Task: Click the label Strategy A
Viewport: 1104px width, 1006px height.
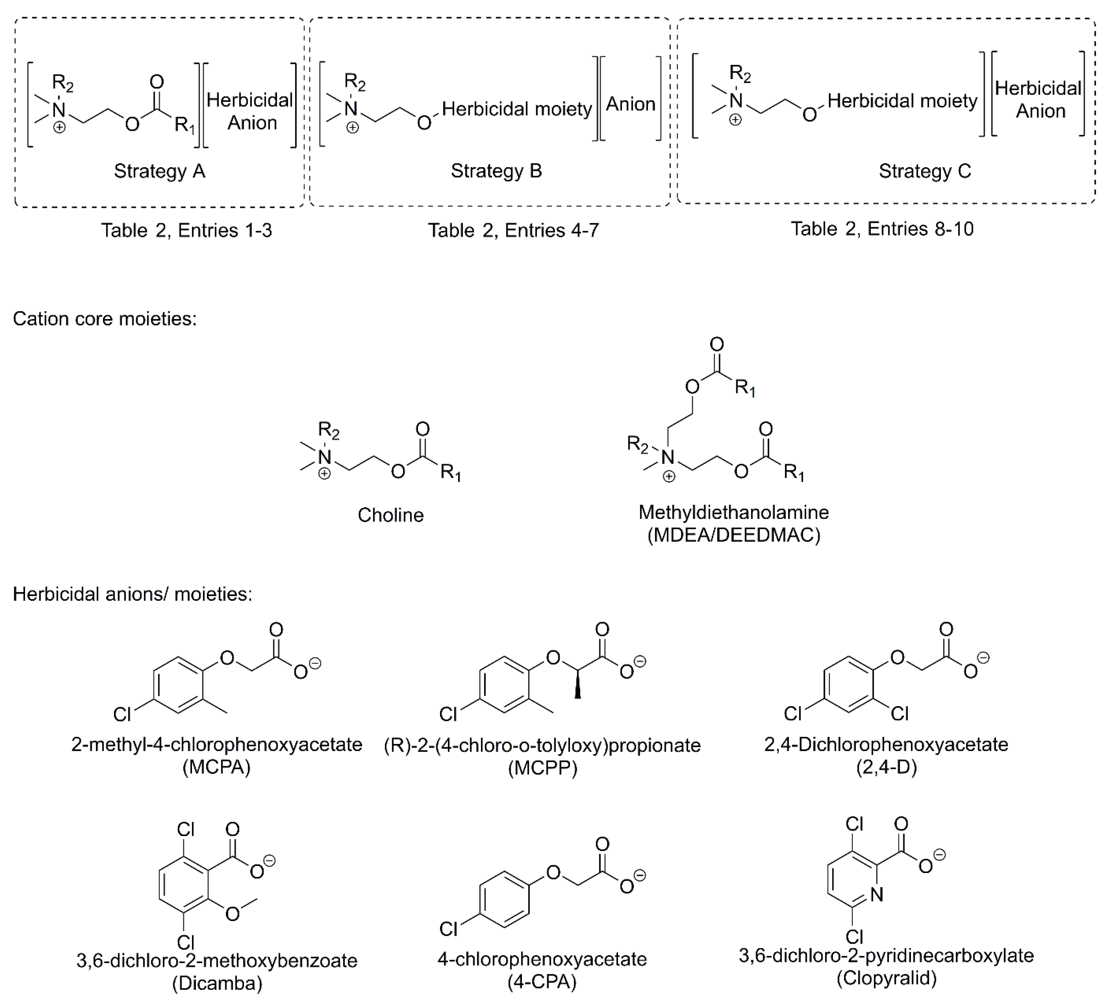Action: coord(160,171)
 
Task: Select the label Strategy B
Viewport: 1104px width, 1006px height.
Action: coord(496,171)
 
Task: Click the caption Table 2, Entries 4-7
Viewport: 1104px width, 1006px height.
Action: coord(513,230)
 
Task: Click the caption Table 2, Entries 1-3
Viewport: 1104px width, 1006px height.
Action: coord(186,230)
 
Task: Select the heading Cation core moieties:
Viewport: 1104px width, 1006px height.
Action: coord(104,319)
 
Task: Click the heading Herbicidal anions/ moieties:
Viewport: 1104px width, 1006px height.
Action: coord(132,594)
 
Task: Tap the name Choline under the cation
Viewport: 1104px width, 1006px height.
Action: coord(390,515)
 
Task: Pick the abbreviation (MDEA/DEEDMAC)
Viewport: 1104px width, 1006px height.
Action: coord(734,535)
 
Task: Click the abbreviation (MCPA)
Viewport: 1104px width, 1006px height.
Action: coord(216,767)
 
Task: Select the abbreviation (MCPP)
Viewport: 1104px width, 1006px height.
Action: coord(542,769)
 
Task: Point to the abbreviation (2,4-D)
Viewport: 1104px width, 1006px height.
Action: coord(886,767)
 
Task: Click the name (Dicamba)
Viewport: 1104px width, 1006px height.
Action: coord(217,983)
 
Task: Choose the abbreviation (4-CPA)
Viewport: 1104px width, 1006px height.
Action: coord(542,982)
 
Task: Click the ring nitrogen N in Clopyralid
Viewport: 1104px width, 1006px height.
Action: coord(876,894)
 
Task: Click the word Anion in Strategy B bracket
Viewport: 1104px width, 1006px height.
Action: coord(630,104)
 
